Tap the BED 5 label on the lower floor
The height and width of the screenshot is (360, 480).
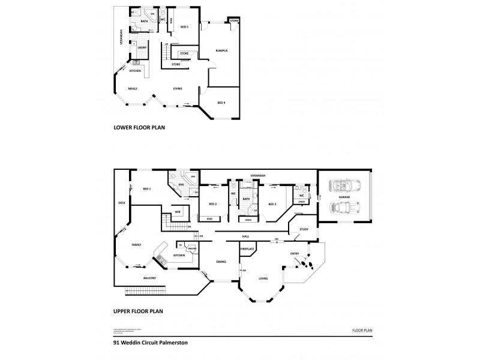[x=184, y=27]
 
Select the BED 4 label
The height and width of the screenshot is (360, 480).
[x=221, y=103]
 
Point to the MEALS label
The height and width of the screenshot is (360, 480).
[x=133, y=89]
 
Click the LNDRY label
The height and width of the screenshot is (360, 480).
[x=142, y=47]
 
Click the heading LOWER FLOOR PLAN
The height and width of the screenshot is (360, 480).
[x=139, y=128]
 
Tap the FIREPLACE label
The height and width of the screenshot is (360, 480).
[x=248, y=248]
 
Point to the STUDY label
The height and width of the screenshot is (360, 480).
[x=304, y=229]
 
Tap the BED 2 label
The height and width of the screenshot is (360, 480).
[x=212, y=204]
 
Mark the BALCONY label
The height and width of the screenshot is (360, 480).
[x=150, y=278]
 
